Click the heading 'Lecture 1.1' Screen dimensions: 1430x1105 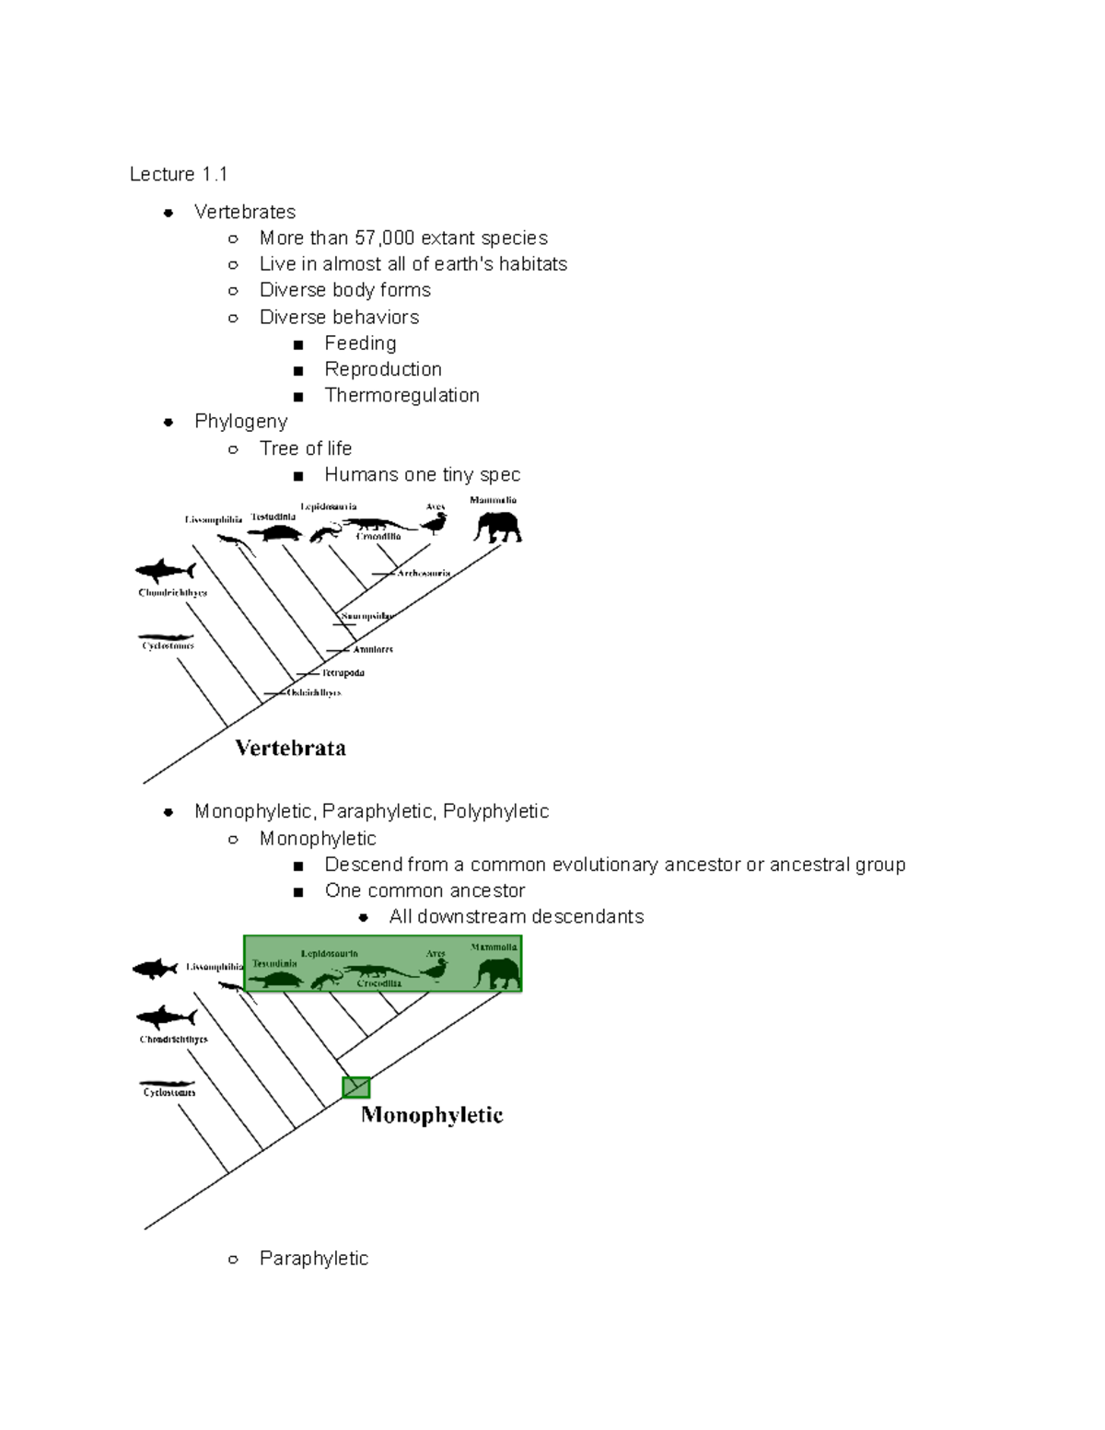coord(178,174)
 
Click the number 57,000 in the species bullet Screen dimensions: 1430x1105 coord(384,238)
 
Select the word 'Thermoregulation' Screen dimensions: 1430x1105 coord(401,395)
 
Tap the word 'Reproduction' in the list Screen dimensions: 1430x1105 coord(383,369)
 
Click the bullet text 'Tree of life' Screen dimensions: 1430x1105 coord(305,448)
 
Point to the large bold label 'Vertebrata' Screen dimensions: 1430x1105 coord(290,748)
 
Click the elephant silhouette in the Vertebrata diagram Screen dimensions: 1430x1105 coord(497,528)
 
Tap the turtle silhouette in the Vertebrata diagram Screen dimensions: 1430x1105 coord(274,533)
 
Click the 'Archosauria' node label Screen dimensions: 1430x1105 coord(424,573)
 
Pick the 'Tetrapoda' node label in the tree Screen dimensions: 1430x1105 coord(343,673)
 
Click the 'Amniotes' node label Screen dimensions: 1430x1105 coord(373,649)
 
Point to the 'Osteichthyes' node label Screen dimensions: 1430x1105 coord(314,692)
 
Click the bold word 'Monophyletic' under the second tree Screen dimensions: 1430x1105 coord(432,1115)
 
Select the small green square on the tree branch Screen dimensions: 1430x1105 coord(355,1087)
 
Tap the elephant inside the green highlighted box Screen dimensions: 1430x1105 coord(498,972)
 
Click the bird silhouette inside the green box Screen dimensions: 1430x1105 coord(435,970)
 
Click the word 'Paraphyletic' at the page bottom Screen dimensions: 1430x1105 coord(313,1258)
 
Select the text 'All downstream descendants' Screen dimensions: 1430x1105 coord(516,916)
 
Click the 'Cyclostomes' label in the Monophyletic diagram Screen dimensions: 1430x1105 coord(169,1092)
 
